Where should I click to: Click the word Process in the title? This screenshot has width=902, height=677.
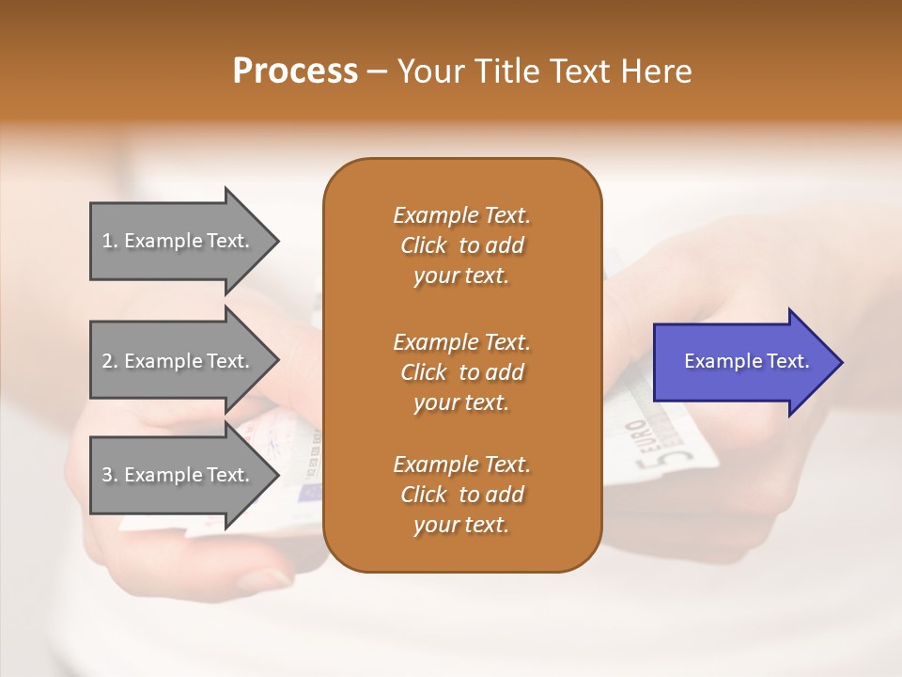(x=295, y=71)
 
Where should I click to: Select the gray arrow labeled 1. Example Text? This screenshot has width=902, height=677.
(x=179, y=241)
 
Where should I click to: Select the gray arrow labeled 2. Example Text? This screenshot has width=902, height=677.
(x=179, y=361)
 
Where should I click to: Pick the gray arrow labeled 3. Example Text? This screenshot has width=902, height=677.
(x=179, y=475)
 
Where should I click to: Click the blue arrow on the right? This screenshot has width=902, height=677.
(x=742, y=362)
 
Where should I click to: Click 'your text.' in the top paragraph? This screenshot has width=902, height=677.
(x=461, y=276)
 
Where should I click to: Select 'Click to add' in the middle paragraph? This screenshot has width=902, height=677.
(x=461, y=372)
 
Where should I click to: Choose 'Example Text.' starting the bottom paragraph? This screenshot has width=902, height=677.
(x=461, y=464)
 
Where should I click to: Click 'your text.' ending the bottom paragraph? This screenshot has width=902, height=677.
(x=461, y=525)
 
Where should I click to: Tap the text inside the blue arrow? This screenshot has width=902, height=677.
(x=746, y=361)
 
